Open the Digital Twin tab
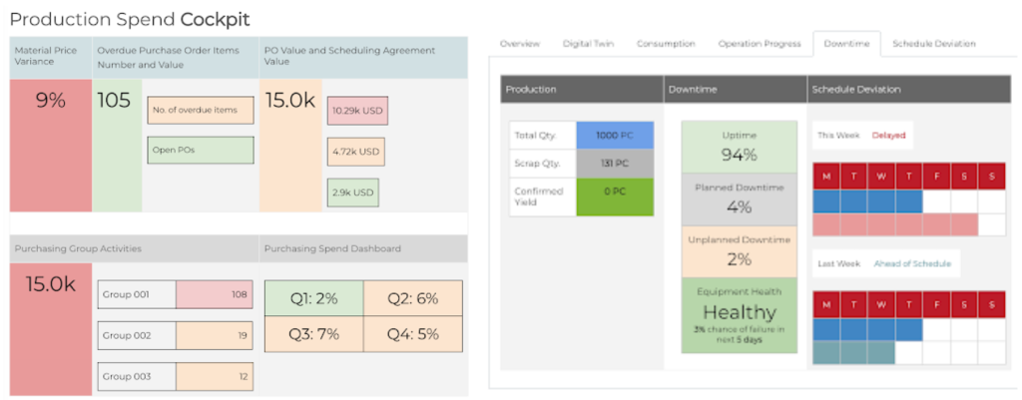click(x=588, y=44)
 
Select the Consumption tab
click(x=666, y=44)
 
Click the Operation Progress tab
click(x=760, y=44)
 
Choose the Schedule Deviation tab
click(x=934, y=44)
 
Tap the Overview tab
click(x=520, y=44)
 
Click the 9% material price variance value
click(x=50, y=101)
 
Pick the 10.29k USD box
click(x=357, y=110)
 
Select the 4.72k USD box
click(x=355, y=152)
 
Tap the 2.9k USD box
click(x=352, y=193)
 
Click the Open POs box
click(x=200, y=150)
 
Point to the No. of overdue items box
click(x=200, y=110)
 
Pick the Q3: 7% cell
click(x=313, y=334)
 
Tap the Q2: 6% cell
click(x=412, y=299)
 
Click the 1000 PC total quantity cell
click(x=615, y=136)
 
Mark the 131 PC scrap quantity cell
click(x=615, y=163)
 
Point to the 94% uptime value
click(x=739, y=155)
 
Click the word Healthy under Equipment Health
click(x=740, y=312)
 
